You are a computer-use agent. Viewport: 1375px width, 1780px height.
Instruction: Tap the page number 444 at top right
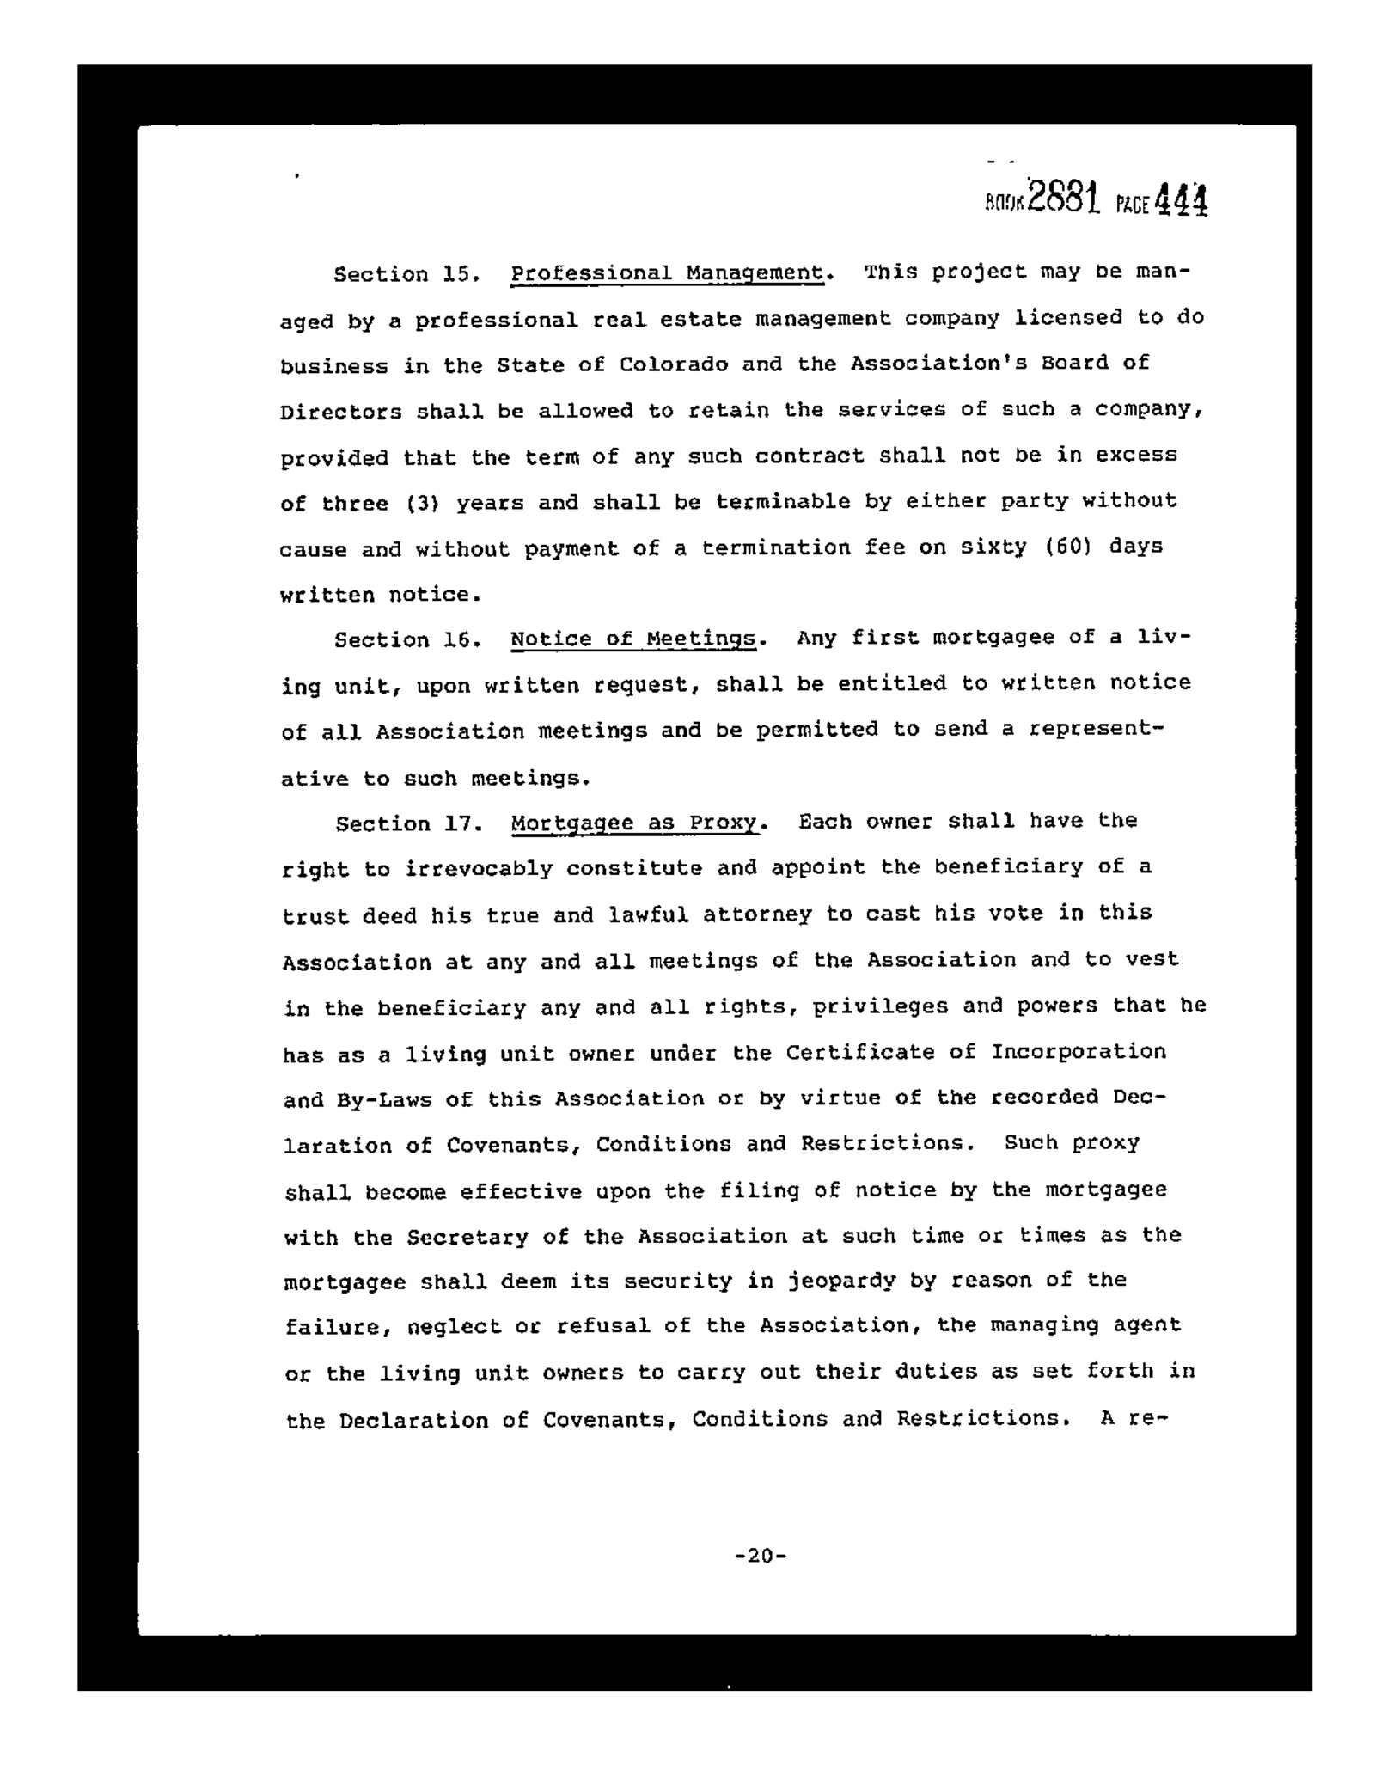1181,201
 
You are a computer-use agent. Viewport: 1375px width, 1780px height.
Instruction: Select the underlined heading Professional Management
667,273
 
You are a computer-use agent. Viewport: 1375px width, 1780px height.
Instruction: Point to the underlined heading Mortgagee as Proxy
635,823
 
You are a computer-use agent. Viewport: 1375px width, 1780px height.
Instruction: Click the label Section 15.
406,275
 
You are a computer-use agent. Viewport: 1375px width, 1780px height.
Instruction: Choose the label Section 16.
406,640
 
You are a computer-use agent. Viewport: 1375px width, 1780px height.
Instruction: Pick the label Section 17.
406,824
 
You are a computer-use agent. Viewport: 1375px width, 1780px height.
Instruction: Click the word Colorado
674,364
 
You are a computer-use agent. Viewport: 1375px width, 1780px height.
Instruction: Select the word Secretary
467,1237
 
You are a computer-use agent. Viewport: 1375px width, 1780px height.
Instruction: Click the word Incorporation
1079,1052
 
